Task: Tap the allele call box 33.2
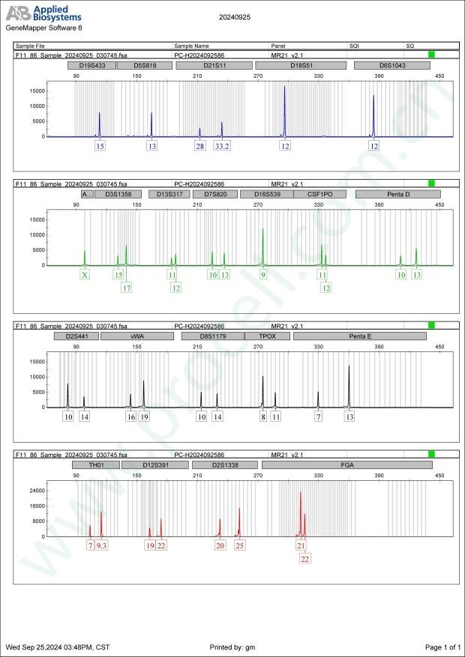pos(222,146)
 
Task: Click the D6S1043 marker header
pos(391,65)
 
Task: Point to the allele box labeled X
pos(85,275)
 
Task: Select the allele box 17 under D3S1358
pos(127,288)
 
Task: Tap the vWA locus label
pos(137,336)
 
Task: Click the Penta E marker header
pos(360,336)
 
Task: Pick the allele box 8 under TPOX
pos(262,417)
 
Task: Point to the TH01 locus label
pos(95,465)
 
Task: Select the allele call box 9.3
pos(102,545)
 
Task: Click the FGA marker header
pos(346,465)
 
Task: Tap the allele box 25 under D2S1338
pos(240,545)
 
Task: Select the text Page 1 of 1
pos(442,647)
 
